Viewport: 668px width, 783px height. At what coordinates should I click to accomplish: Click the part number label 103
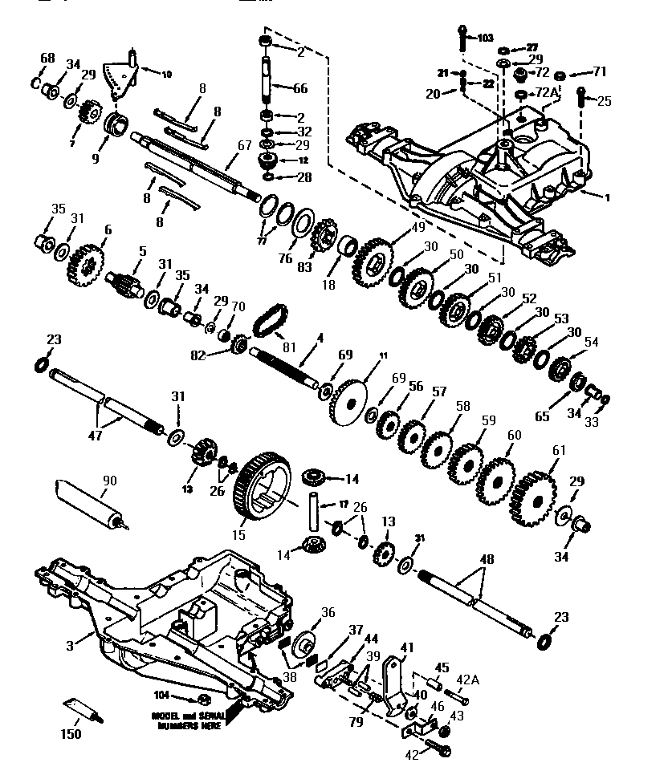point(484,38)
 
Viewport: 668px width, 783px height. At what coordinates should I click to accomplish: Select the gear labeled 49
point(372,260)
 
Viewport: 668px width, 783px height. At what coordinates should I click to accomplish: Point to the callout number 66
point(299,88)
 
